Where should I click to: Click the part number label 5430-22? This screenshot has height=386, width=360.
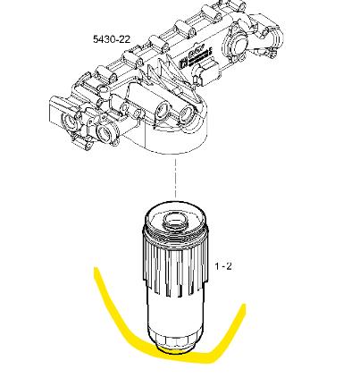click(x=112, y=39)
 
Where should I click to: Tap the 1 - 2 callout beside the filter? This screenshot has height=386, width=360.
click(x=223, y=266)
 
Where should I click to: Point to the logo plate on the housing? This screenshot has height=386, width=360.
click(x=195, y=57)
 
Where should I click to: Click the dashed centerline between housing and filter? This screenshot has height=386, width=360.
click(x=175, y=178)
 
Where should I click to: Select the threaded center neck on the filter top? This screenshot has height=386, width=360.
click(x=175, y=220)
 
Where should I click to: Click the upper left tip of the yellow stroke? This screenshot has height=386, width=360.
click(x=96, y=269)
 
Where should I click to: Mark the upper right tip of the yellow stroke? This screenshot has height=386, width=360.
click(x=244, y=306)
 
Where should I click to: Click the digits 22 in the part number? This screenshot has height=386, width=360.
click(x=124, y=39)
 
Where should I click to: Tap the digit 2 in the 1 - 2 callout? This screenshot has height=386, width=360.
click(x=228, y=266)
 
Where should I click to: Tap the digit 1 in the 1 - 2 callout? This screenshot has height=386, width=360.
click(x=217, y=266)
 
